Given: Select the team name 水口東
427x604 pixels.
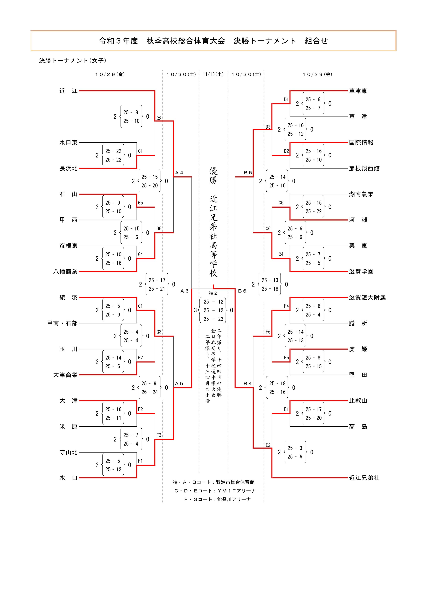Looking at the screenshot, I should coord(68,143).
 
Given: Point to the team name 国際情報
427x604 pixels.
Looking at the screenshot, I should coord(361,143).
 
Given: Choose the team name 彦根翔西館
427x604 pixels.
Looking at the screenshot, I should coord(364,168).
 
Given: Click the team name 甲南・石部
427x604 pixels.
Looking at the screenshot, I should coord(62,323).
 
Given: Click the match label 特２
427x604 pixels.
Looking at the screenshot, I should coord(213,293).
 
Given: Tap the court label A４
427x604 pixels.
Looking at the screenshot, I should coord(179,173).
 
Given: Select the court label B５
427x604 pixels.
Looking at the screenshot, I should coord(248,173).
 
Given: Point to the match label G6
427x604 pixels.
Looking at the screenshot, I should coord(159,229).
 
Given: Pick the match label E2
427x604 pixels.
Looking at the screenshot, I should coord(268,445).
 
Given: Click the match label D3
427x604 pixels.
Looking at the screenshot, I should coord(268,127).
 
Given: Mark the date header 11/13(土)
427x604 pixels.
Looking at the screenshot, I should coord(213,75).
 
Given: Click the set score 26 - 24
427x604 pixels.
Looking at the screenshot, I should coord(149,392).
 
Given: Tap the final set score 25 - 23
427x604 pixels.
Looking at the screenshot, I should coord(213,319).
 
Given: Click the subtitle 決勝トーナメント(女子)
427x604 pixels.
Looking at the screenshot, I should coord(73,61).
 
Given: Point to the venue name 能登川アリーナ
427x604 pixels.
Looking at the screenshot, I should coord(234,499).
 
